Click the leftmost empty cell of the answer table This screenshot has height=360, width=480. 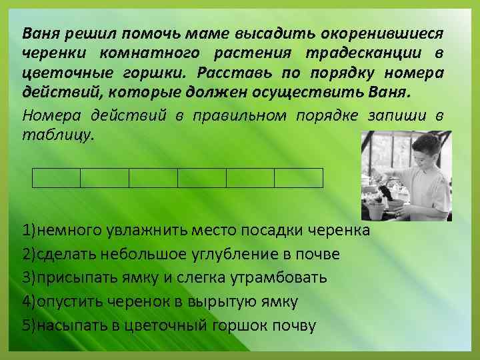[56, 178]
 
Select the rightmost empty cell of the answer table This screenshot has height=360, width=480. [299, 178]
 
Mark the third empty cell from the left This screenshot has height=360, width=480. [153, 178]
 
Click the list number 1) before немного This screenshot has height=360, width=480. [29, 231]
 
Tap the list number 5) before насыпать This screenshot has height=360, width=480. [29, 325]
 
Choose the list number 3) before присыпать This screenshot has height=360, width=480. [29, 278]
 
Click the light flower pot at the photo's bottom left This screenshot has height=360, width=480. [376, 211]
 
